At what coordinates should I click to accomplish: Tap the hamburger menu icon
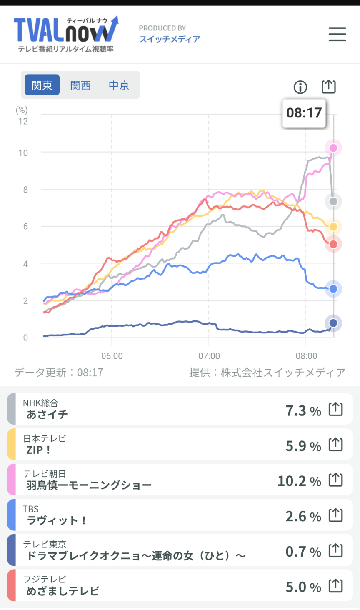[337, 34]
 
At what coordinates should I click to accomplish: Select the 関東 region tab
[42, 85]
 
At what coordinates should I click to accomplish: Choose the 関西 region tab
[80, 85]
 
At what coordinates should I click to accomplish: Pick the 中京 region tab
[119, 85]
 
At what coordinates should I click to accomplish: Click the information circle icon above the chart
[300, 87]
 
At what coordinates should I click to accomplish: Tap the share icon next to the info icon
[328, 87]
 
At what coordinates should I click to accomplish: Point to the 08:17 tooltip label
[304, 112]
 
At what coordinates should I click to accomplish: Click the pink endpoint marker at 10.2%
[333, 148]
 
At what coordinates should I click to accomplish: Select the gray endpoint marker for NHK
[333, 202]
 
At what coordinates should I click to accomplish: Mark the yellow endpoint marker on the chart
[333, 227]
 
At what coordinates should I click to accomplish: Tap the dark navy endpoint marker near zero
[333, 323]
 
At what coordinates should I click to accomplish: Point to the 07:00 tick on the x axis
[209, 356]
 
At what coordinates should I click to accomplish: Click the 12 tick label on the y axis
[23, 121]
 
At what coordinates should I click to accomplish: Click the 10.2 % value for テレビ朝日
[299, 481]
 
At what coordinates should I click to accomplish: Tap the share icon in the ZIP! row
[335, 445]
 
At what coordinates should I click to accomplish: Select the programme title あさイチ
[47, 414]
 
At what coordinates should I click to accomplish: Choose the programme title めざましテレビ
[62, 591]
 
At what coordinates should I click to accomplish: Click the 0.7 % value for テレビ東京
[303, 552]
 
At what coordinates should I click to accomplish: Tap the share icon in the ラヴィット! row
[335, 516]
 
